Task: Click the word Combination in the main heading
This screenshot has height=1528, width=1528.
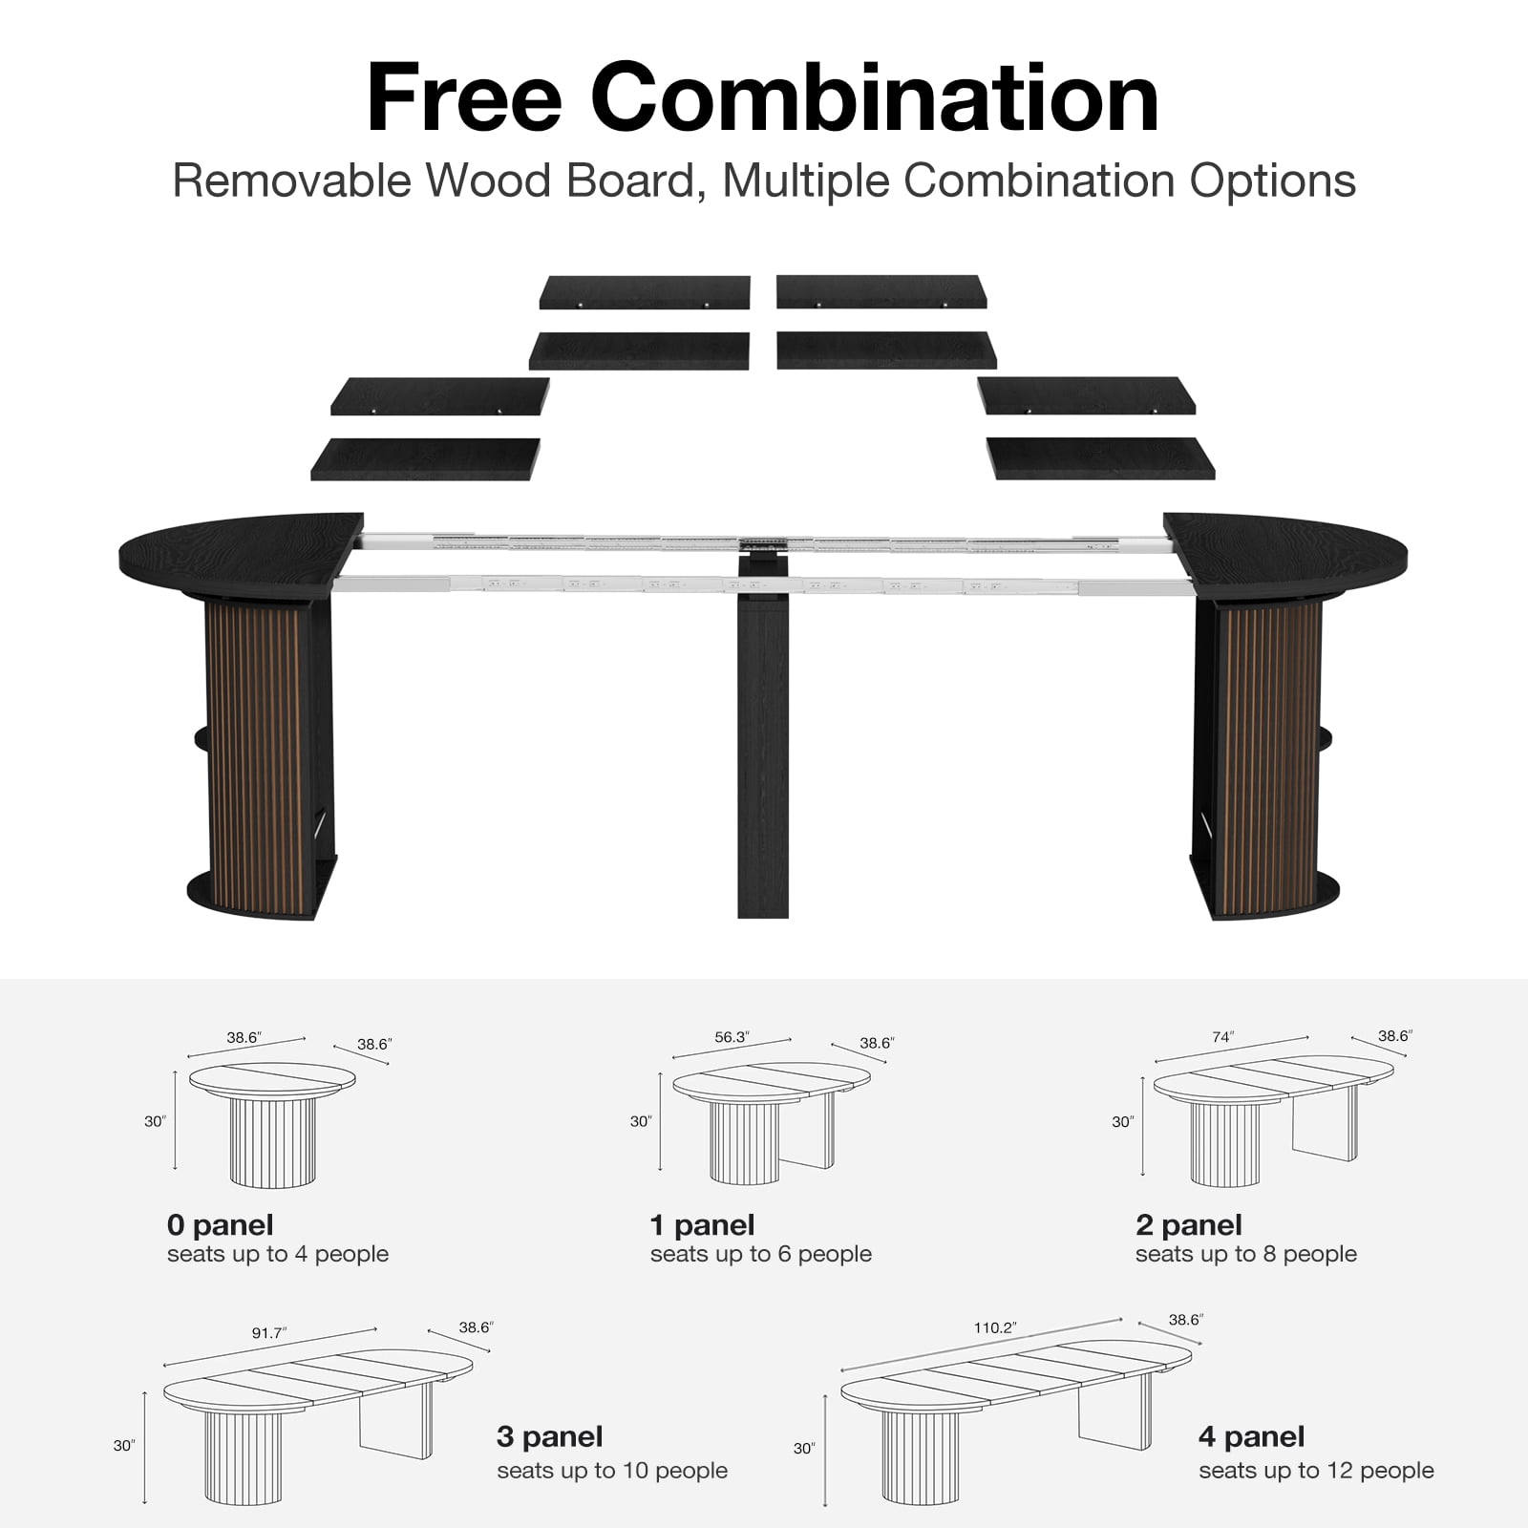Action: pyautogui.click(x=875, y=97)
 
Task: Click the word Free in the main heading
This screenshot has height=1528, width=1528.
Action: pyautogui.click(x=464, y=97)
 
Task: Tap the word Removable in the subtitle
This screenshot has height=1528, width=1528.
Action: pyautogui.click(x=291, y=180)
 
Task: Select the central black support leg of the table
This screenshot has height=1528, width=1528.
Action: pyautogui.click(x=763, y=735)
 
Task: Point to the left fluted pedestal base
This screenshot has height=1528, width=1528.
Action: pyautogui.click(x=262, y=754)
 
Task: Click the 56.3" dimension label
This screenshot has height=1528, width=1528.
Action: pyautogui.click(x=732, y=1037)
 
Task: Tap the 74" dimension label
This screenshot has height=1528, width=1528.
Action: pyautogui.click(x=1223, y=1036)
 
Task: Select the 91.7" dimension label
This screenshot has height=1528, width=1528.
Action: pyautogui.click(x=269, y=1332)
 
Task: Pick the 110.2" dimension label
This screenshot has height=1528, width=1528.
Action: pyautogui.click(x=995, y=1327)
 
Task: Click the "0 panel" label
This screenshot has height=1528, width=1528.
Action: pyautogui.click(x=220, y=1224)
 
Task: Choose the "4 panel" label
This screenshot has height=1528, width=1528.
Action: pyautogui.click(x=1251, y=1436)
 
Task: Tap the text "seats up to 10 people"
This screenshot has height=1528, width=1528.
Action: pyautogui.click(x=612, y=1471)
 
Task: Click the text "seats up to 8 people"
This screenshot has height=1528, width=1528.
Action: pyautogui.click(x=1246, y=1254)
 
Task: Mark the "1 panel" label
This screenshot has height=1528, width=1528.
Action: pyautogui.click(x=702, y=1224)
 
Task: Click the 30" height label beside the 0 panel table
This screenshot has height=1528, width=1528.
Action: pyautogui.click(x=155, y=1121)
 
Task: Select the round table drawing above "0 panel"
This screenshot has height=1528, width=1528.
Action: pyautogui.click(x=272, y=1124)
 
